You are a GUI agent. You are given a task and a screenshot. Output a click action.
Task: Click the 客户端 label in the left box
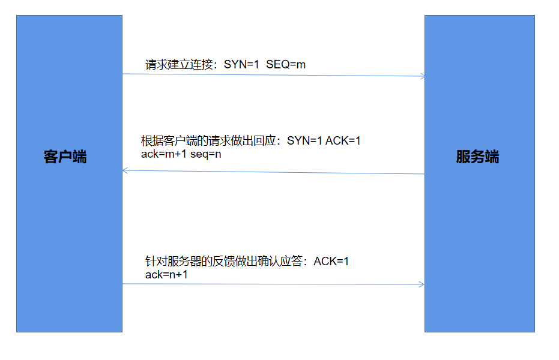tap(65, 157)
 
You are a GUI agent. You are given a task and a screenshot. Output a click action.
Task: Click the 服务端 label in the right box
tap(477, 157)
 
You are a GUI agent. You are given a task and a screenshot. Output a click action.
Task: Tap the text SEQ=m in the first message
tap(286, 65)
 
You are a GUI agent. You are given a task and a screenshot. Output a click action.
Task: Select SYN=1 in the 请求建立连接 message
tap(241, 65)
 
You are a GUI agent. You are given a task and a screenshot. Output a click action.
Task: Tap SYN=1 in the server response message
tap(305, 142)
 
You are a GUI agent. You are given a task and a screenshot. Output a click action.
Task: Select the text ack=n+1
tap(167, 274)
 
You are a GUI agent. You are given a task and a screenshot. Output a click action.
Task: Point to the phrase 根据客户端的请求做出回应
tap(207, 142)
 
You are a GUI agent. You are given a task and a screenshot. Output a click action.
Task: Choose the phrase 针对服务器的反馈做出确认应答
tap(225, 262)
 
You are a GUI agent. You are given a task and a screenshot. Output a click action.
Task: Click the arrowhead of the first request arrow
tap(423, 76)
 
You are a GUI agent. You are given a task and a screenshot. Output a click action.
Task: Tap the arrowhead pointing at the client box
tap(124, 170)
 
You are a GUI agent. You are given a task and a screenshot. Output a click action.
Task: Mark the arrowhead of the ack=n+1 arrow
tap(422, 284)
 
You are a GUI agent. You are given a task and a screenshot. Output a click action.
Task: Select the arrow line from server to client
tap(273, 172)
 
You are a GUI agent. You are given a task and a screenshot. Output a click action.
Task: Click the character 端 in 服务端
tap(492, 157)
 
